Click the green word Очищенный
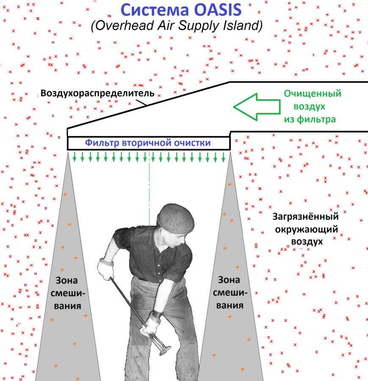click(x=313, y=93)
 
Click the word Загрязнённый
click(x=306, y=217)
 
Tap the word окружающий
click(x=306, y=229)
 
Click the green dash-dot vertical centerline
click(x=149, y=191)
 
